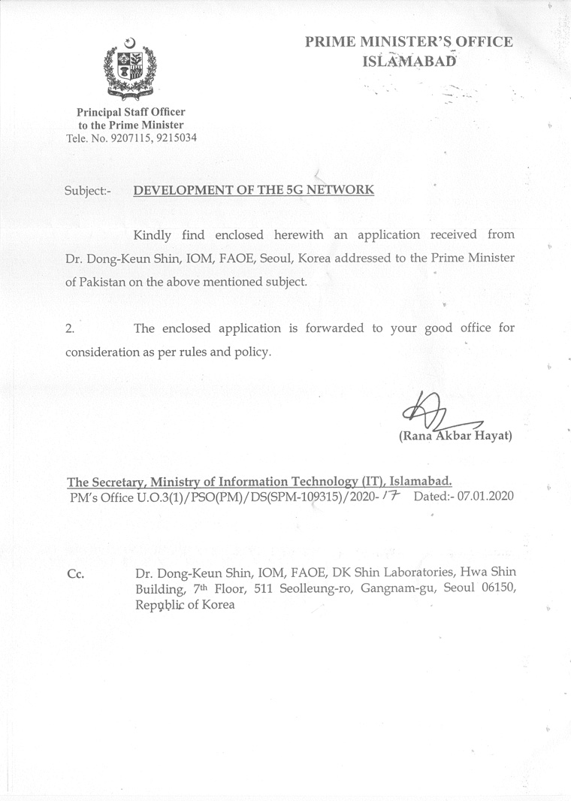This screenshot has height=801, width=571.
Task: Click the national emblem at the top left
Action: click(130, 69)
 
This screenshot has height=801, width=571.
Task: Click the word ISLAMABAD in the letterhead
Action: click(409, 61)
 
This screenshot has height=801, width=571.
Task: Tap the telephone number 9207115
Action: click(129, 138)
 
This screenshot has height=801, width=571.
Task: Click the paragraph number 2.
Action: click(70, 329)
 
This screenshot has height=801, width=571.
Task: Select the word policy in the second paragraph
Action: click(252, 352)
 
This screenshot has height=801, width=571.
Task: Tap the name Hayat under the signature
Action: click(493, 436)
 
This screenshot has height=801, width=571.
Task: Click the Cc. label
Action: click(75, 574)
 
